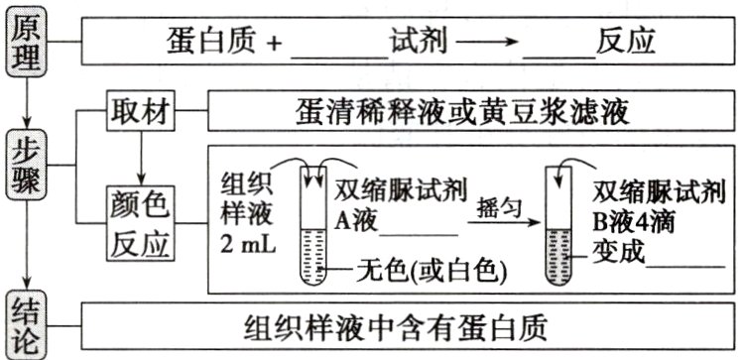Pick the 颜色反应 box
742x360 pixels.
click(141, 224)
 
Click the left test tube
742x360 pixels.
click(316, 222)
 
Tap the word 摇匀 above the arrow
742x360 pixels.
click(497, 211)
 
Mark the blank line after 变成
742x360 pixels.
click(685, 261)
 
